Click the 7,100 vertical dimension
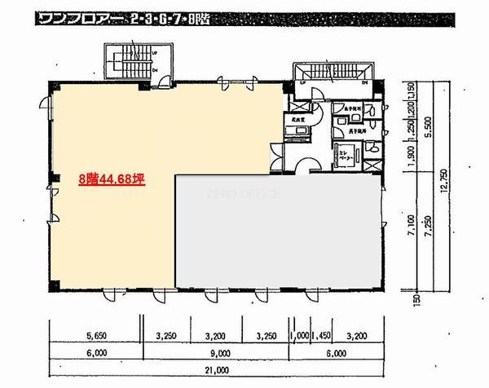[x=413, y=242]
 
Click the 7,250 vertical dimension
[x=429, y=242]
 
